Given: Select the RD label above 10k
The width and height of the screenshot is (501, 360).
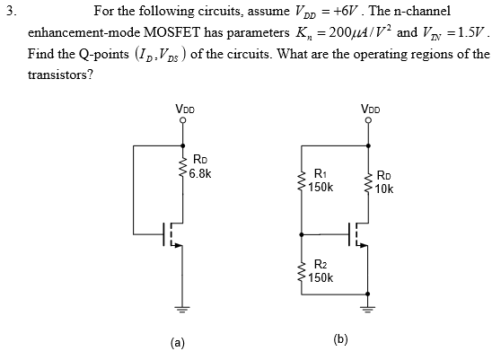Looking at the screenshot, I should (384, 177).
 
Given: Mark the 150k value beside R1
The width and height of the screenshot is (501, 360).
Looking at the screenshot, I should (321, 188).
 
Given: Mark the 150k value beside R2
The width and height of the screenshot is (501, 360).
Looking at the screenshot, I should (321, 277).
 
